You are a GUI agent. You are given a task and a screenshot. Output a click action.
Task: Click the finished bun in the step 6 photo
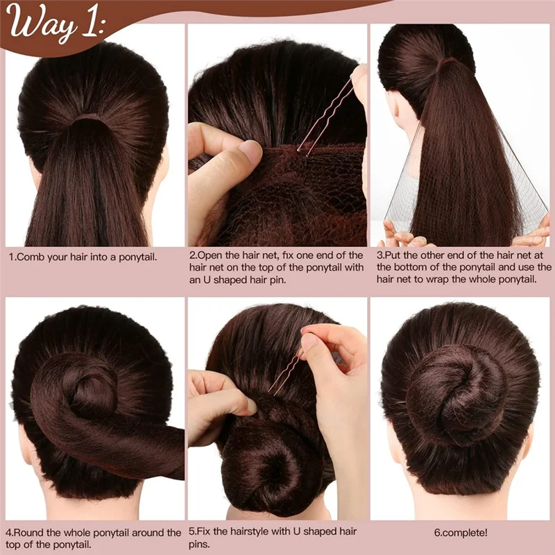458,388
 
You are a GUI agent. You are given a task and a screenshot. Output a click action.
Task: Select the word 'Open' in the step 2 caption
212,255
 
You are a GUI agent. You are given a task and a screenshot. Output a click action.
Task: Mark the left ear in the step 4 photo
24,444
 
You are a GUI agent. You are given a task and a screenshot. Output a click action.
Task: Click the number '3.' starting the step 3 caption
381,255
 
